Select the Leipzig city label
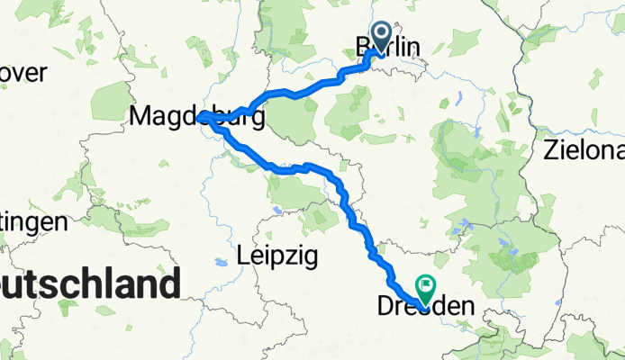click(277, 256)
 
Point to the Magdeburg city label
click(198, 116)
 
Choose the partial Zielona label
click(584, 150)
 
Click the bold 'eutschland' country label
click(88, 284)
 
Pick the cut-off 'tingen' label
click(33, 221)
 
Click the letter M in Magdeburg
click(140, 115)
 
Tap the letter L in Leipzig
click(242, 256)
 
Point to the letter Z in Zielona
click(550, 150)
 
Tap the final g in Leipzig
click(311, 259)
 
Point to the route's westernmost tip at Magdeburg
click(199, 116)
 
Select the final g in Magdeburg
click(257, 119)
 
